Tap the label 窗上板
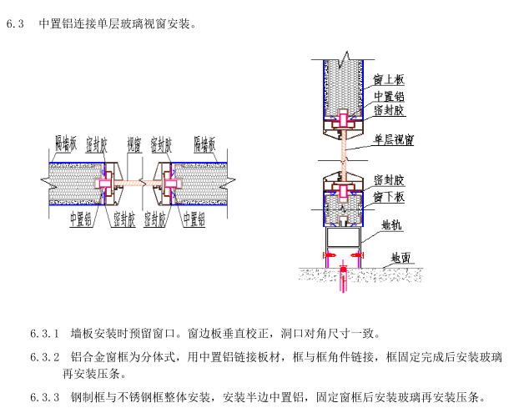[389, 80]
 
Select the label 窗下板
[389, 197]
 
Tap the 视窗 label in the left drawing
[134, 143]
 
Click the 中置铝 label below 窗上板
[389, 95]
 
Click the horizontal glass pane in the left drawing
[134, 180]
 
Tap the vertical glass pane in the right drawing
[342, 150]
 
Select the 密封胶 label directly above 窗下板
[389, 180]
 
